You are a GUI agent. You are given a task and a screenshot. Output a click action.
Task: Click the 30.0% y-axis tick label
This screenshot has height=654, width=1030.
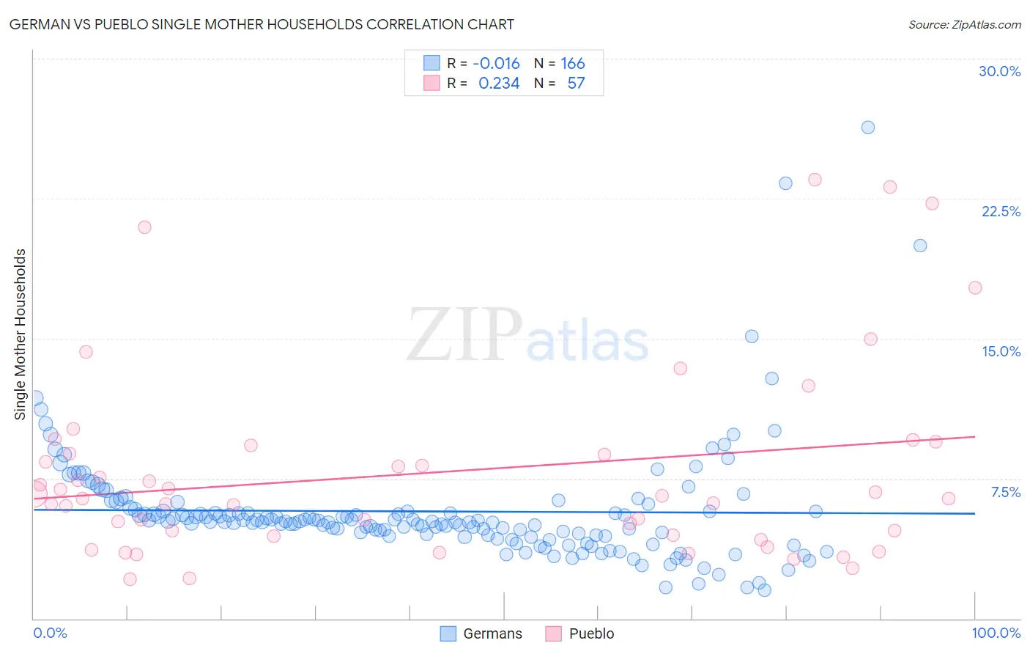[x=999, y=71]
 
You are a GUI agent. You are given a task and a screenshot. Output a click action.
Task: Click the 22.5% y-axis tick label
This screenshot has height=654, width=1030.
[x=1001, y=211]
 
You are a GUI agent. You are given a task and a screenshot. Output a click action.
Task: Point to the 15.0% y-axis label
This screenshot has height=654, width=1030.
[x=1001, y=351]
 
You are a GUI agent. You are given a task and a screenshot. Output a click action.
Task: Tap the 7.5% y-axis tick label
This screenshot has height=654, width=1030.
[x=1005, y=492]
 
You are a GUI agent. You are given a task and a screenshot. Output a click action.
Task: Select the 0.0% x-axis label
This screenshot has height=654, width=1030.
[x=50, y=633]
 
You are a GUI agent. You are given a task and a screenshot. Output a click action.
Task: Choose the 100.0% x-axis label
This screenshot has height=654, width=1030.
[x=996, y=633]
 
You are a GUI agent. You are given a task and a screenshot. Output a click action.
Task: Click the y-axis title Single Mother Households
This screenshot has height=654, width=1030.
[x=20, y=334]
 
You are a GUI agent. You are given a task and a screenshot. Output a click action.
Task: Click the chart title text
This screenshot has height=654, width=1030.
[x=262, y=24]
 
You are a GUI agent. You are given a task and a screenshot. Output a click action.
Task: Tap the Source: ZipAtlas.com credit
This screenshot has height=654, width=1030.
[x=964, y=24]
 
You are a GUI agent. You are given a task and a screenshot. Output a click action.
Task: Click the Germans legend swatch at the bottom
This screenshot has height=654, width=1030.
[x=448, y=633]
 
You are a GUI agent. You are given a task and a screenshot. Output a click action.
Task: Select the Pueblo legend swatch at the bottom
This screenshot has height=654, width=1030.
[x=553, y=633]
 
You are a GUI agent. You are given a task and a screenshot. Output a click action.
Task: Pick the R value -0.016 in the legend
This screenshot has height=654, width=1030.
[x=496, y=63]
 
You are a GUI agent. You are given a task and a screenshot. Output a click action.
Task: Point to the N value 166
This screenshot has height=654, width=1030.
[x=572, y=63]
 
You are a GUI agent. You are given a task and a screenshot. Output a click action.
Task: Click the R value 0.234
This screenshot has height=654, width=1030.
[x=498, y=83]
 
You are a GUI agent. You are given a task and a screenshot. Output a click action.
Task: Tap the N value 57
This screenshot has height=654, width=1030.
[x=576, y=83]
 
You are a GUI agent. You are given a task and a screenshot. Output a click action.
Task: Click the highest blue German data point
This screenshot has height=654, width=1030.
[x=867, y=128]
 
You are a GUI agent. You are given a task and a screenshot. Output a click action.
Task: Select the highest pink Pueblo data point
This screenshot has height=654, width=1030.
[x=815, y=180]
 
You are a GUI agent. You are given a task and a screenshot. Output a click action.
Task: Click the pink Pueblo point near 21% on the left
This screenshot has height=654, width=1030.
[x=144, y=227]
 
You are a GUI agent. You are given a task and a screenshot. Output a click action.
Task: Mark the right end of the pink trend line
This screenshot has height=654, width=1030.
[x=974, y=436]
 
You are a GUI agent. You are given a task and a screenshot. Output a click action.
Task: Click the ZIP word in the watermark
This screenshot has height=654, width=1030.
[x=464, y=334]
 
